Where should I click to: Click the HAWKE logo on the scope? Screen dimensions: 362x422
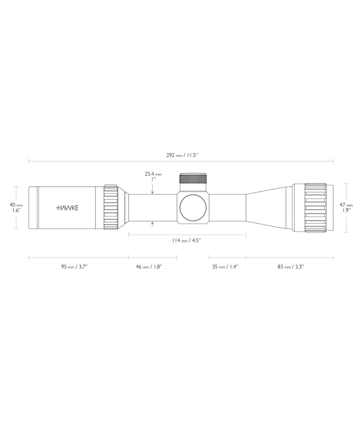coord(67,208)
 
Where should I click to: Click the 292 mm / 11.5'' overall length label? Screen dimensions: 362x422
coord(182,155)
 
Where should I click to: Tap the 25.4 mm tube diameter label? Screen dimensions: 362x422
coord(153,174)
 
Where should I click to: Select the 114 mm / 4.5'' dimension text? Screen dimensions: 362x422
coord(186,240)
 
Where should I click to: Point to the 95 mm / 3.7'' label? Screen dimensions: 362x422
coord(74,267)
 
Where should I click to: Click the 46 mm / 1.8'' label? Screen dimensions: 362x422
coord(149,267)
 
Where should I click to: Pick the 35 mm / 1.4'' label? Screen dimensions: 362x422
coord(225,267)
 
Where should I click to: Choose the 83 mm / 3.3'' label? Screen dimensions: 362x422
coord(291,267)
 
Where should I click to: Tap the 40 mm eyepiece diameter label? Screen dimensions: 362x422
coord(16,205)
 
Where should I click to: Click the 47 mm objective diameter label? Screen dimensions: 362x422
coord(346,205)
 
